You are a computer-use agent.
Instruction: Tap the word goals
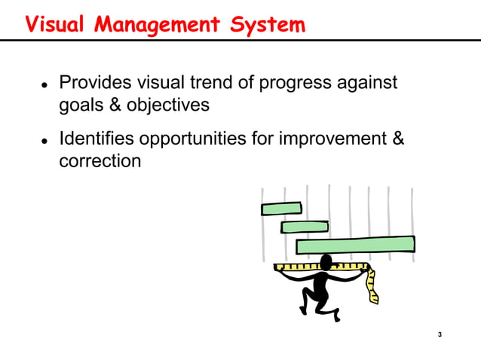[x=81, y=105]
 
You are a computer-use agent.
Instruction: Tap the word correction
[x=100, y=161]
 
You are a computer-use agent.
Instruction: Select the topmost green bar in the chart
[x=281, y=209]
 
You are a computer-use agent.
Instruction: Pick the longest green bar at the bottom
[x=355, y=245]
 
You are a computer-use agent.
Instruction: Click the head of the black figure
[x=326, y=262]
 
